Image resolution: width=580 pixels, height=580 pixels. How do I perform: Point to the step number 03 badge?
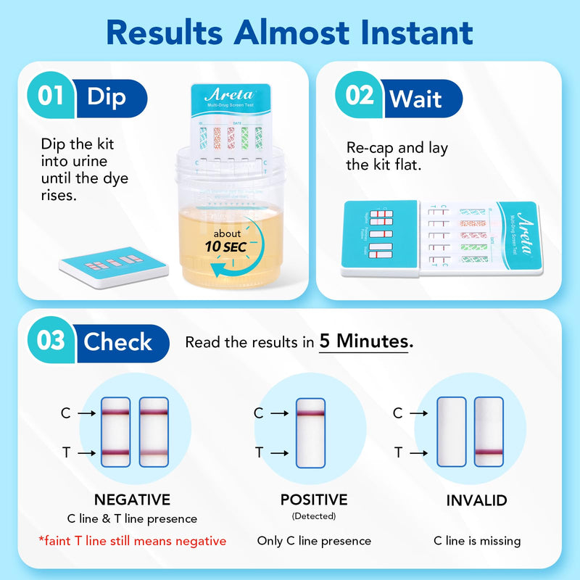[x=51, y=341]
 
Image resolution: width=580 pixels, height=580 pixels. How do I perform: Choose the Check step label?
[x=118, y=341]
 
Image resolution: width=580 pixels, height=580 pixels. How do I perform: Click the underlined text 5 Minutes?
[x=366, y=341]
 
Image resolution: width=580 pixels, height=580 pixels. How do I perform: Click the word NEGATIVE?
[x=133, y=500]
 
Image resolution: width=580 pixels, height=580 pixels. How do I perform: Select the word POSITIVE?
[x=314, y=500]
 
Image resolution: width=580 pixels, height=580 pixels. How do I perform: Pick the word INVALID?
[x=476, y=500]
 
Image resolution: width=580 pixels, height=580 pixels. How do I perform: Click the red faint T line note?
[x=133, y=541]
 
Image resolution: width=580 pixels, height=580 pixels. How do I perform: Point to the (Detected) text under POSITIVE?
[x=314, y=516]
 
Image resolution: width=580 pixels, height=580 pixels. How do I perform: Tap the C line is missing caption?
[x=476, y=541]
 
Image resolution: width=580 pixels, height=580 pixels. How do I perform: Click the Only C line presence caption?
[x=314, y=541]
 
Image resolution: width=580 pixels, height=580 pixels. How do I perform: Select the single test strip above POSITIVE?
[x=310, y=433]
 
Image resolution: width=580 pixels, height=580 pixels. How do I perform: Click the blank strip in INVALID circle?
[x=451, y=432]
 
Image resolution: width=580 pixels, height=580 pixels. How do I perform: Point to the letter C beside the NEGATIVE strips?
[x=66, y=413]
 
